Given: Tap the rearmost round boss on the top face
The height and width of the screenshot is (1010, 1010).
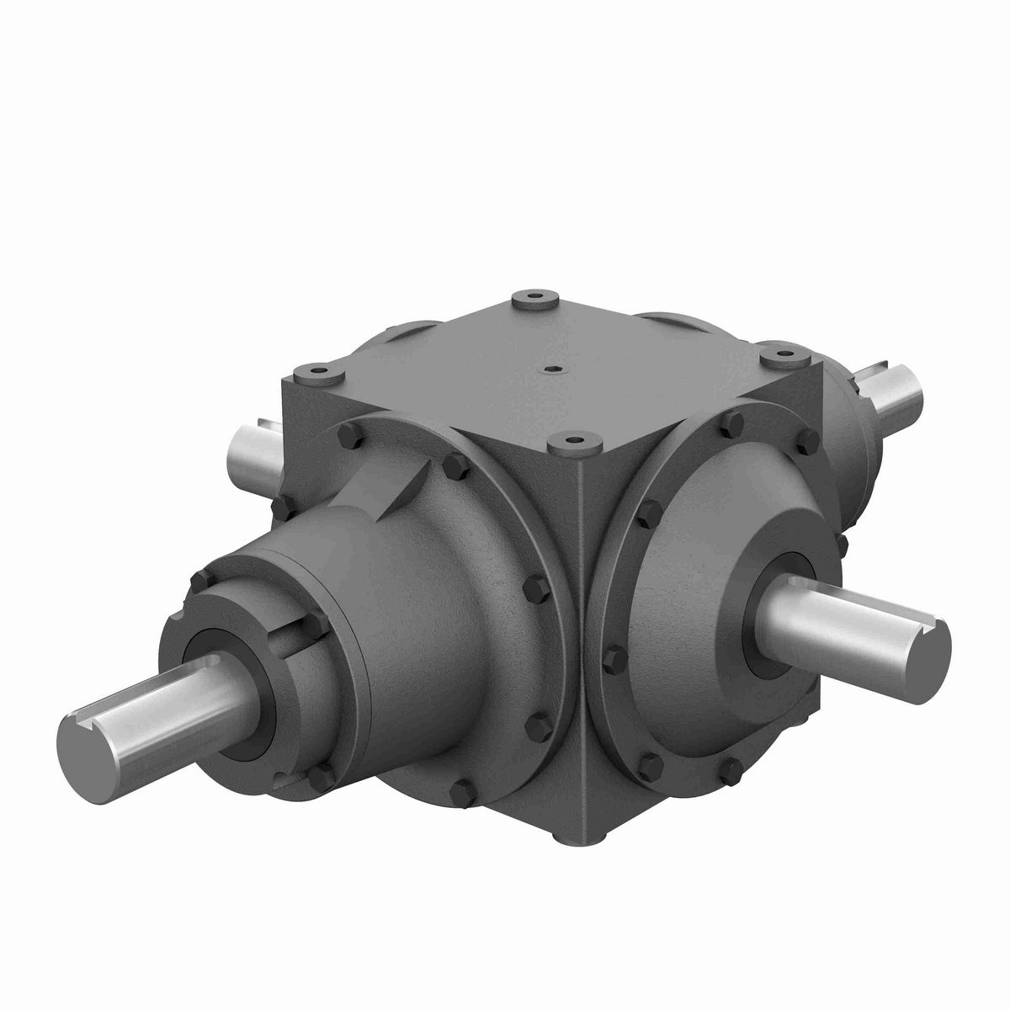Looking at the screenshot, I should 529,298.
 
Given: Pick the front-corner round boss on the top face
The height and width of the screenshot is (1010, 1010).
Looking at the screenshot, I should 576,440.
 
